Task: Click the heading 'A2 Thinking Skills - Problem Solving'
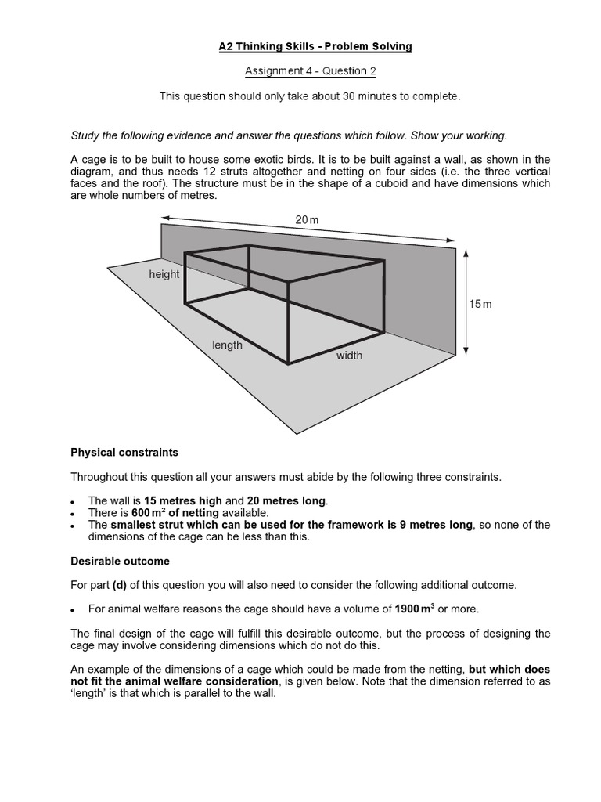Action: [x=315, y=47]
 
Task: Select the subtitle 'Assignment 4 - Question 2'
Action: [x=311, y=71]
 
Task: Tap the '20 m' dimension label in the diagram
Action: [x=307, y=220]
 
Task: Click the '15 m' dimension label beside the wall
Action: [x=480, y=304]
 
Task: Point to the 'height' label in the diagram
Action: [x=164, y=274]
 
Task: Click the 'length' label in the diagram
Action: [x=228, y=345]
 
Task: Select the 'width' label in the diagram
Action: [x=349, y=356]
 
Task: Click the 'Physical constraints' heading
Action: [x=124, y=453]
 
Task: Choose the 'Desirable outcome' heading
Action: [x=120, y=561]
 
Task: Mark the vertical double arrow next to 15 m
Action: [x=466, y=302]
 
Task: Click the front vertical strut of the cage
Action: [x=288, y=322]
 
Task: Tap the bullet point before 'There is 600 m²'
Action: [x=74, y=513]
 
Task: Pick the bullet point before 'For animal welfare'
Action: [x=74, y=609]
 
